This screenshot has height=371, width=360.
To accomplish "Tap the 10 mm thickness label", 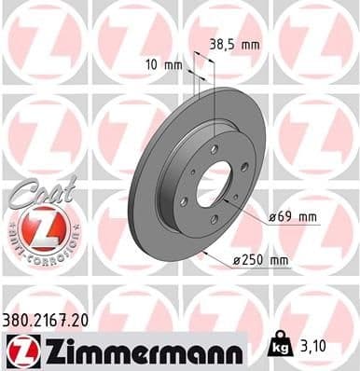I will point(162,66).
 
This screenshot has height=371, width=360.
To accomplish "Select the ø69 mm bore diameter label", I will point(293,216).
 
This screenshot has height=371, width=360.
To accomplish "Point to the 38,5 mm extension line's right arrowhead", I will point(215,63).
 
